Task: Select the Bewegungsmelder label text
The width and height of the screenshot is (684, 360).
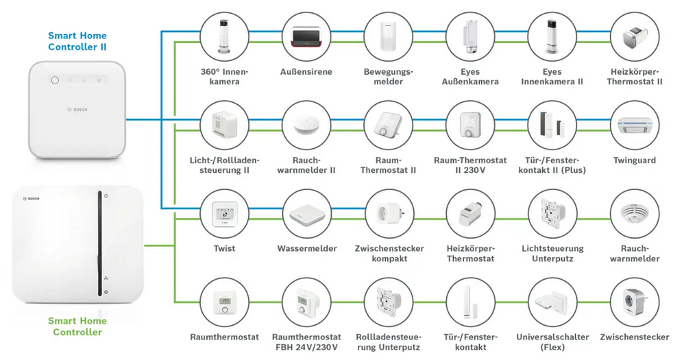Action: coord(389,77)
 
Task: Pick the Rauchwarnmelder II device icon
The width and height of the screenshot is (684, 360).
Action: coord(306,125)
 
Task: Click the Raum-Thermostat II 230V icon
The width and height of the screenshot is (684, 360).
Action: coord(470,125)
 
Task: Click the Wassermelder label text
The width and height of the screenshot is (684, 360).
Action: coord(306,248)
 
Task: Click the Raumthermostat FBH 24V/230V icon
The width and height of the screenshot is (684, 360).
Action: coord(306,301)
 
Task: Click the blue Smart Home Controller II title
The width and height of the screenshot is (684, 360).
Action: coord(77,41)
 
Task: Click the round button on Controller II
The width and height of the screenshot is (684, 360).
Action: coord(55,79)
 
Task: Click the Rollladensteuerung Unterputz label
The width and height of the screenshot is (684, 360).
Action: coord(389,342)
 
